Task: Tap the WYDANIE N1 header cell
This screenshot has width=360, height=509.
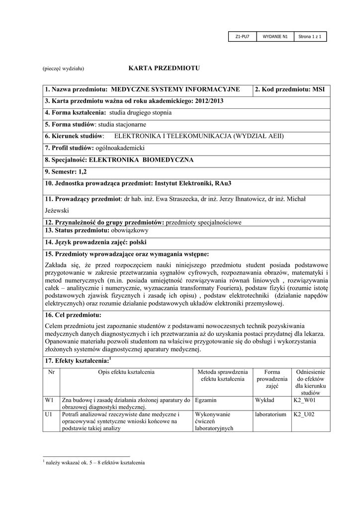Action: tap(275, 36)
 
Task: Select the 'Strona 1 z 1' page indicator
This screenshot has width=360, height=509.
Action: tap(310, 36)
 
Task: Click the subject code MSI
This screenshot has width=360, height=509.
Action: tap(318, 89)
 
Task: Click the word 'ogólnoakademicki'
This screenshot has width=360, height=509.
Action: tap(120, 148)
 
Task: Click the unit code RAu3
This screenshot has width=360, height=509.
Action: tap(222, 183)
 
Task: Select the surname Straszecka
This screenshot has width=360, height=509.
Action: tap(177, 199)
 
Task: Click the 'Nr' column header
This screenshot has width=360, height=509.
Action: tap(51, 372)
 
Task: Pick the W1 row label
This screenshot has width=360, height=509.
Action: tap(49, 399)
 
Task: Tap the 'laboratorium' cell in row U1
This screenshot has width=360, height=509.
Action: tap(270, 414)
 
